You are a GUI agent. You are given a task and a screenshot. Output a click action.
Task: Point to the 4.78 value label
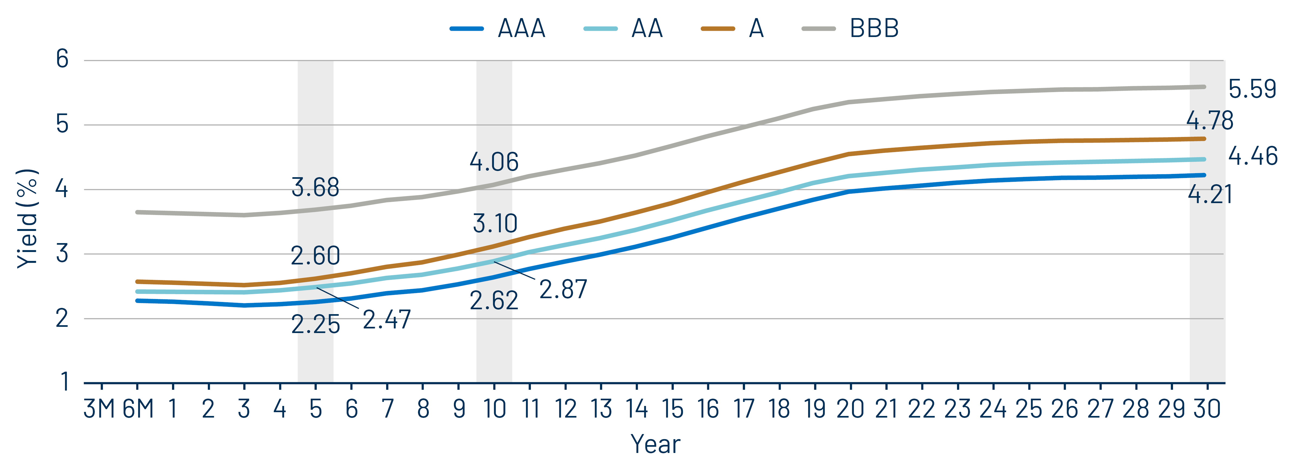(x=1209, y=121)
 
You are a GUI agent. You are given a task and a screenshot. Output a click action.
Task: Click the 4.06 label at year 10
(x=494, y=162)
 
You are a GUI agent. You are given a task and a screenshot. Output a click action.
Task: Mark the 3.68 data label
(x=315, y=187)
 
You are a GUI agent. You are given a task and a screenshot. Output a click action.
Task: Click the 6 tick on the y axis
(x=62, y=59)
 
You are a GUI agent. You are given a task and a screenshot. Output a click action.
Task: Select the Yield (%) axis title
(x=28, y=219)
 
